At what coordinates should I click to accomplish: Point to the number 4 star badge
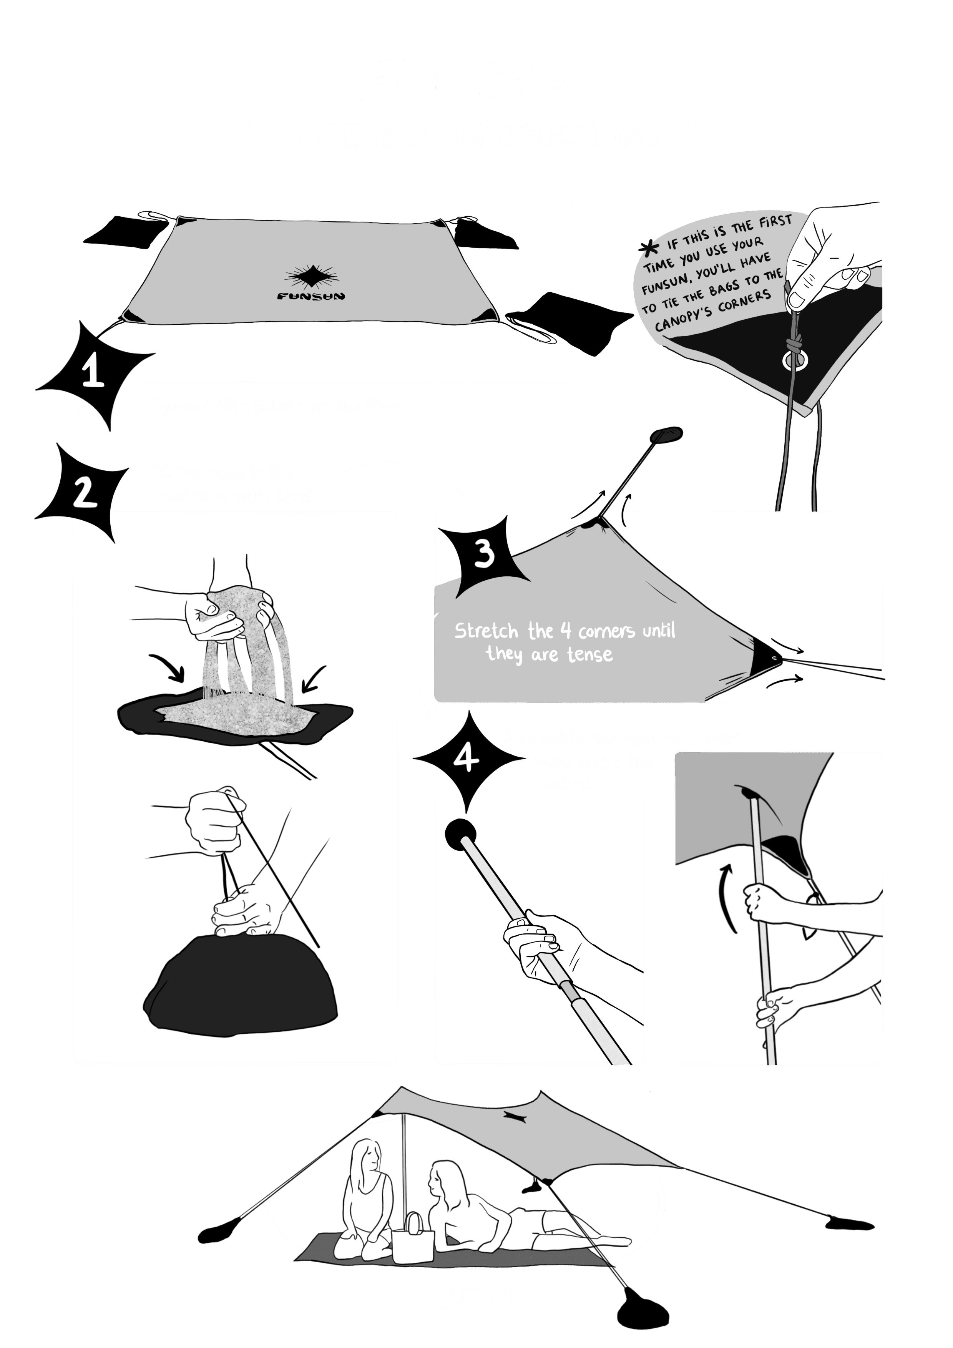pyautogui.click(x=468, y=760)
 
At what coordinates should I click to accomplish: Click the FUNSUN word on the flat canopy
pyautogui.click(x=311, y=296)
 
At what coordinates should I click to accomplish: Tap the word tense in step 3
pyautogui.click(x=590, y=655)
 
